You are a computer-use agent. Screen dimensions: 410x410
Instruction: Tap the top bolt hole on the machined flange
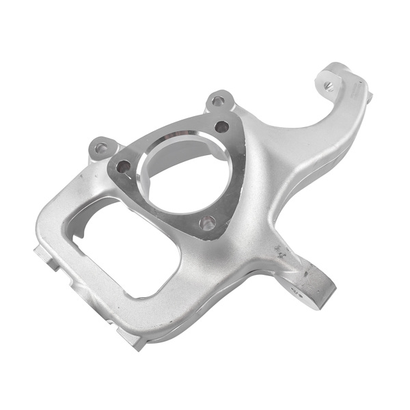pos(221,126)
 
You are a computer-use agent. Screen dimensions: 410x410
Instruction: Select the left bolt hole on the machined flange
pos(124,165)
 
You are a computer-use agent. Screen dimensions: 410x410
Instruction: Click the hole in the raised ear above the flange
pos(218,101)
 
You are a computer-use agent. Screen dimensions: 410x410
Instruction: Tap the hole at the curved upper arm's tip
pos(330,86)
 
